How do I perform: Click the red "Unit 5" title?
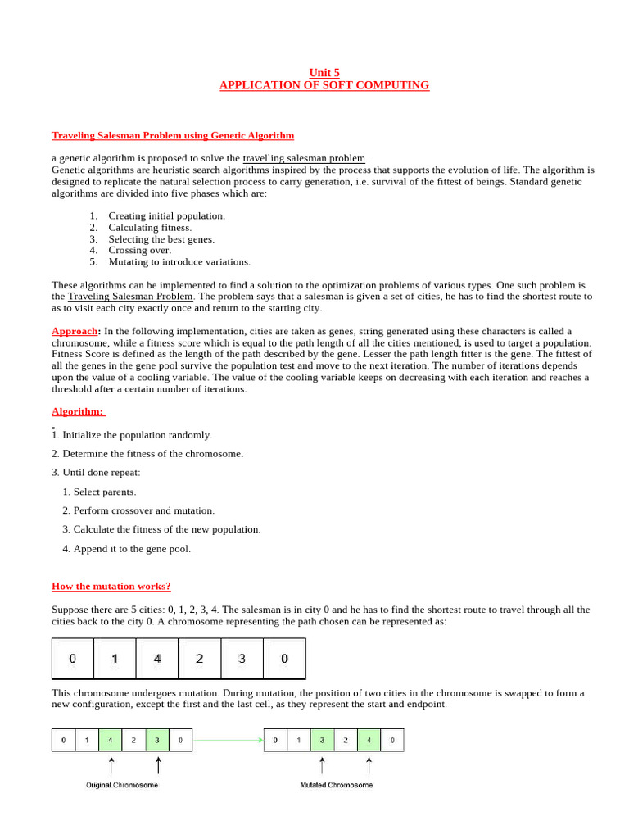(x=324, y=73)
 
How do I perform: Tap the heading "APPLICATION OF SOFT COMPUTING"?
(x=324, y=85)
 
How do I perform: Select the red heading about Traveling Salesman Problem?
(x=173, y=135)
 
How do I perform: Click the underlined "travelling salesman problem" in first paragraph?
(x=305, y=158)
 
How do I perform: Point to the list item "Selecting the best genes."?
(x=161, y=239)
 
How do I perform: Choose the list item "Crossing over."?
(x=139, y=251)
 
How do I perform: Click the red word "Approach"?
(x=75, y=331)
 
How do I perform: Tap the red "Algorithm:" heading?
(x=78, y=411)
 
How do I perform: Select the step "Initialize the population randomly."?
(x=137, y=435)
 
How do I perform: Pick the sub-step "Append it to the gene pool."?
(x=131, y=549)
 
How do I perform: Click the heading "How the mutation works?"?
(x=111, y=586)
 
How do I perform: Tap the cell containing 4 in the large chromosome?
(x=157, y=659)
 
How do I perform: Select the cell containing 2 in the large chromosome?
(x=199, y=659)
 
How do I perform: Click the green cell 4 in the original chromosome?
(x=111, y=741)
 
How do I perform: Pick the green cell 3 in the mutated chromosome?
(x=322, y=741)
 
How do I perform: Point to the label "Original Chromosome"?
(x=122, y=785)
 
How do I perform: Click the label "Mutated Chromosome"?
(x=336, y=785)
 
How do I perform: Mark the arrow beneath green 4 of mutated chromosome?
(x=369, y=765)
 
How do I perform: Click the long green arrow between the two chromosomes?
(x=229, y=741)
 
